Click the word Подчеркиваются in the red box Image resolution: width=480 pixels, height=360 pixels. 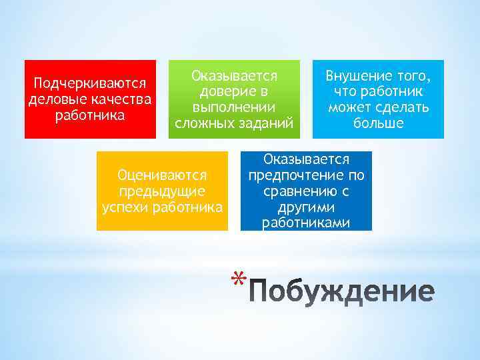tap(90, 85)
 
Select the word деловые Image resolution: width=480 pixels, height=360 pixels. tap(52, 99)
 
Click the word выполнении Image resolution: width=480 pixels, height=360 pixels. tap(234, 107)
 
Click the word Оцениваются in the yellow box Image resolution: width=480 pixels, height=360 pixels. tap(162, 176)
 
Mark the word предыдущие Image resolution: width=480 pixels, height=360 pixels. tap(162, 191)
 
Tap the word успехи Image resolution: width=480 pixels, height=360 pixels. tap(126, 207)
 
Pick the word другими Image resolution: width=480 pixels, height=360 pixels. tap(306, 207)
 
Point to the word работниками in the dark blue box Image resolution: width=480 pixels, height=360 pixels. tap(306, 223)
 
